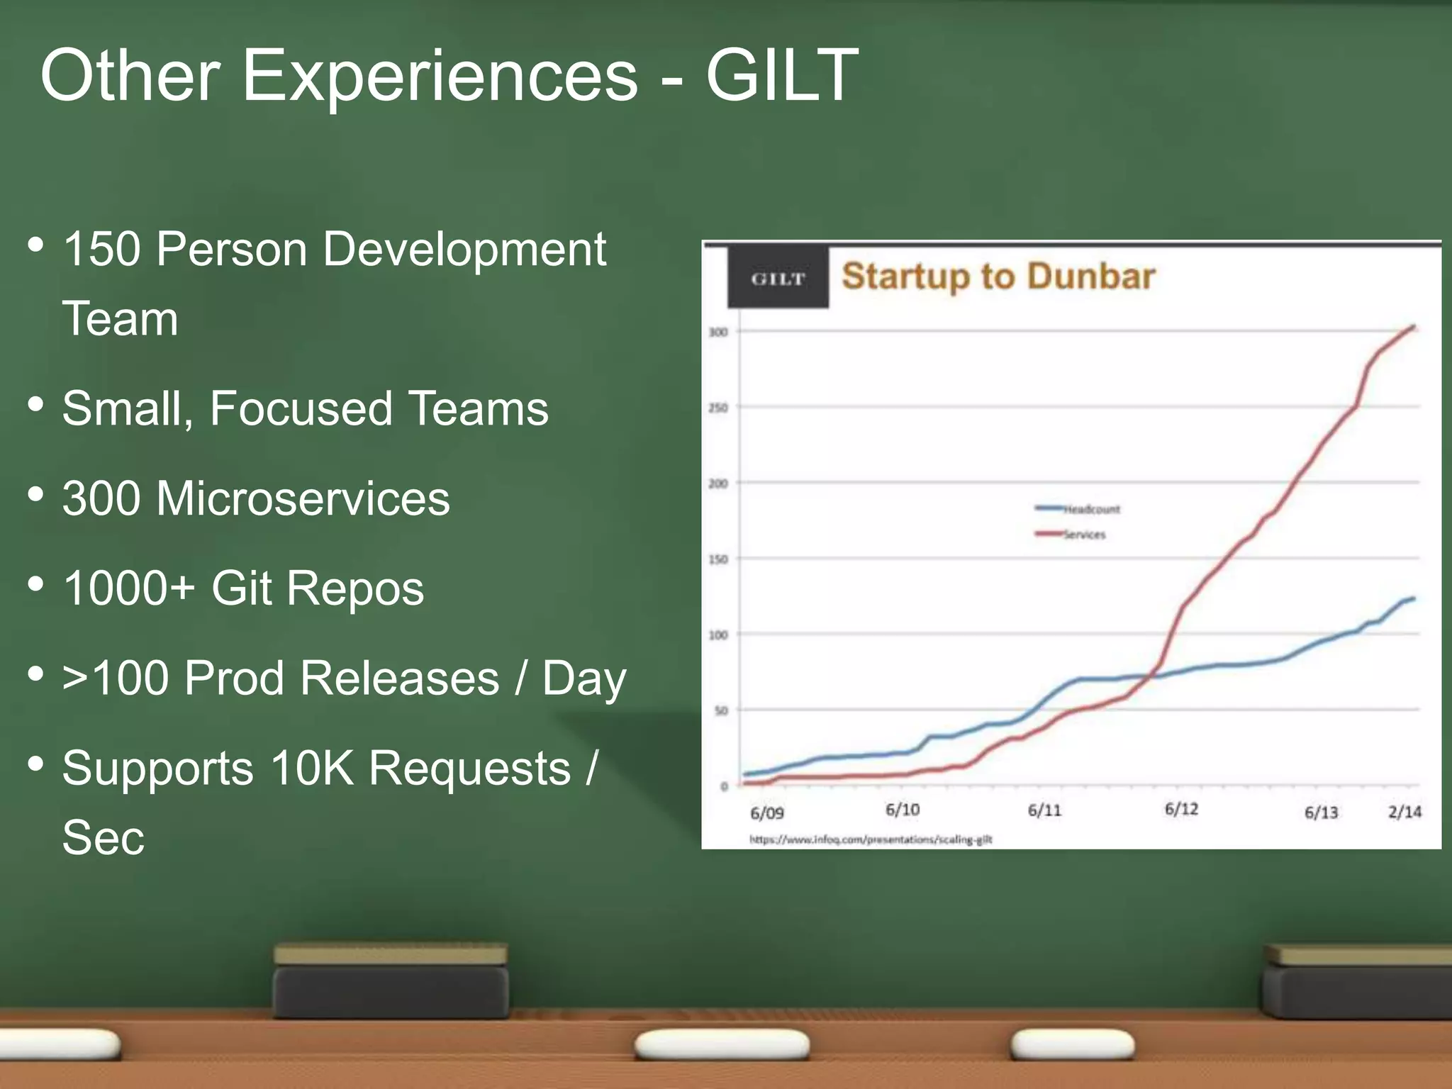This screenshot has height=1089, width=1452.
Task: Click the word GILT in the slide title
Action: tap(781, 75)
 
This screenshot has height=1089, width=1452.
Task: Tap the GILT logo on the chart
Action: tap(778, 279)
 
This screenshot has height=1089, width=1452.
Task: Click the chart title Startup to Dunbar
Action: tap(998, 277)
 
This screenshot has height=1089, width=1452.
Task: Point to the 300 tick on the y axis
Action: tap(718, 332)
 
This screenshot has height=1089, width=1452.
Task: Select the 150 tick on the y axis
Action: tap(718, 559)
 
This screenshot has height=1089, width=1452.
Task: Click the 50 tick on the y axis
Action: tap(720, 710)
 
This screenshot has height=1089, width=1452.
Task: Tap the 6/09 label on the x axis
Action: tap(766, 812)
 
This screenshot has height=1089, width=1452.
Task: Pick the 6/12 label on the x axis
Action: tap(1181, 809)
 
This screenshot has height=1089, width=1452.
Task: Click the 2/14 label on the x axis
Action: tap(1404, 811)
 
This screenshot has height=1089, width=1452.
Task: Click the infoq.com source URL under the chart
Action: tap(871, 839)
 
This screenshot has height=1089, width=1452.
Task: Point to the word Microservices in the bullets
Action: tap(303, 498)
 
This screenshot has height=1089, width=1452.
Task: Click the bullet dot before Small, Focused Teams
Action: tap(35, 405)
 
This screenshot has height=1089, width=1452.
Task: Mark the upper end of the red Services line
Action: tap(1414, 327)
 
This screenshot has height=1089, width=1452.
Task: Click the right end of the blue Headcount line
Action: tap(1414, 598)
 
